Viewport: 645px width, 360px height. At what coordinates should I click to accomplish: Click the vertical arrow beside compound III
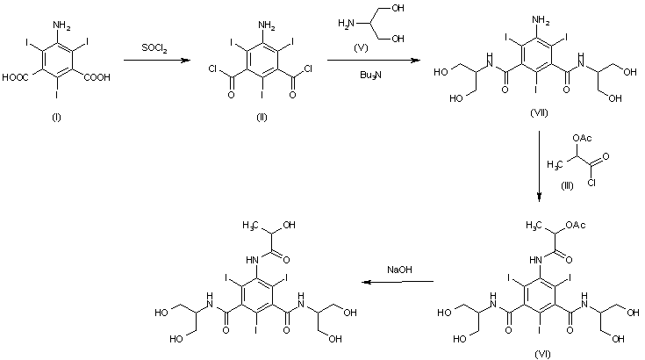pyautogui.click(x=540, y=167)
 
